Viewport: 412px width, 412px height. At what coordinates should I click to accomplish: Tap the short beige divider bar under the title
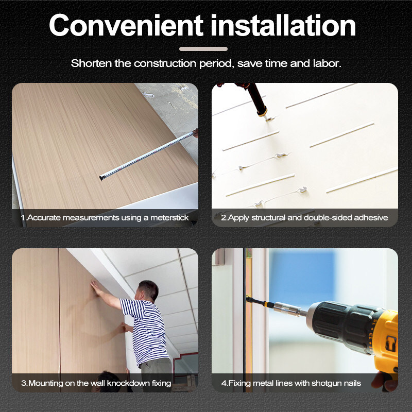point(203,49)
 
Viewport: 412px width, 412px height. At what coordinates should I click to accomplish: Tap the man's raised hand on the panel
point(94,285)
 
